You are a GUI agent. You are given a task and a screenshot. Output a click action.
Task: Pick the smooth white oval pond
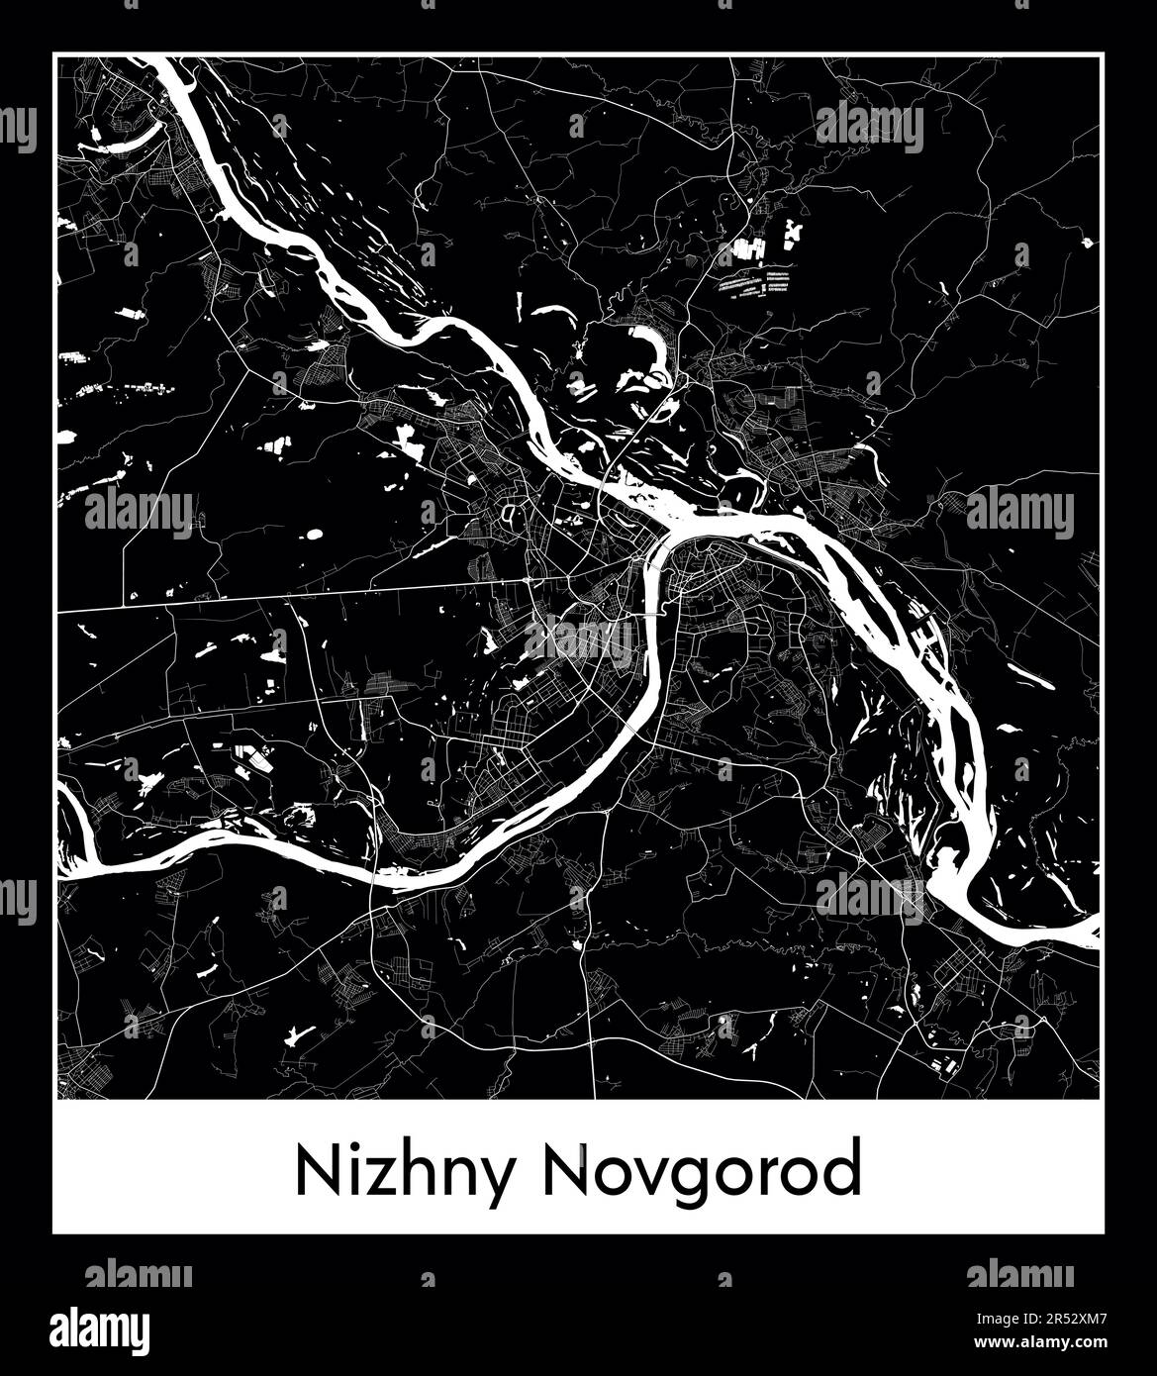point(315,535)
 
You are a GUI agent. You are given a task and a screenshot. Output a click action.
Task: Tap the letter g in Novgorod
point(694,1181)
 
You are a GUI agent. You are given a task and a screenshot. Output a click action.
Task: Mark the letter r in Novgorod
point(767,1178)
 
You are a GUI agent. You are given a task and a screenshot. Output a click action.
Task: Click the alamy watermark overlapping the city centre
point(578,639)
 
